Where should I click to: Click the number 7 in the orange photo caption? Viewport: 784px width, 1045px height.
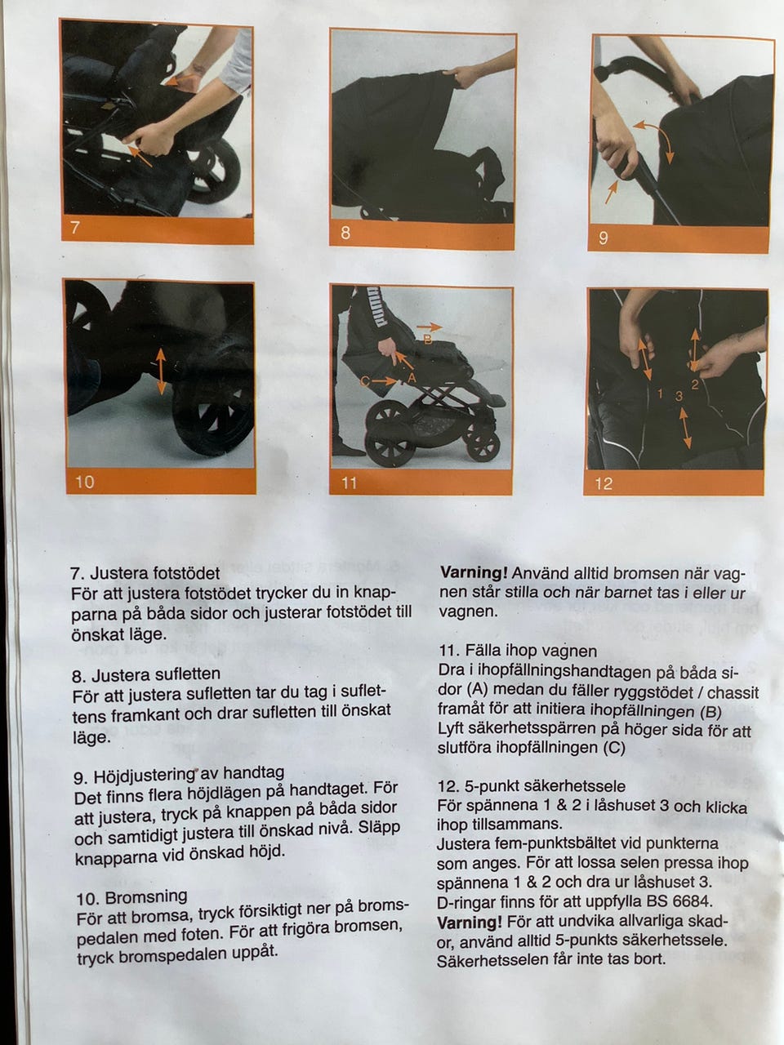point(75,228)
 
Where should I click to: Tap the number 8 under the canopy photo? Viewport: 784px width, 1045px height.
point(345,233)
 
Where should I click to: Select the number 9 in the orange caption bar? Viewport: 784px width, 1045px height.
point(604,238)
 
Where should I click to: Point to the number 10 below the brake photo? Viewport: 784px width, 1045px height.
point(85,482)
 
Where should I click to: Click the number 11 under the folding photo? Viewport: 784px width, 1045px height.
point(349,483)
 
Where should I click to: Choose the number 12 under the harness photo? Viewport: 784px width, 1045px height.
point(604,483)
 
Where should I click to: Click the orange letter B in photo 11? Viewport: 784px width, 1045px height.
point(427,340)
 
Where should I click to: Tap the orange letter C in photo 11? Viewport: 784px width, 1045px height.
point(365,381)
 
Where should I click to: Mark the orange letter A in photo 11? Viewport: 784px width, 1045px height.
point(412,378)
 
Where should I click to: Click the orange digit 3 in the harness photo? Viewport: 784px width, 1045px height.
point(679,396)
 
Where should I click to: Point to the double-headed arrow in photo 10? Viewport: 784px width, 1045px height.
point(160,371)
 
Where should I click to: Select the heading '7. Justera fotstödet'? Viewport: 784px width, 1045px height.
point(145,573)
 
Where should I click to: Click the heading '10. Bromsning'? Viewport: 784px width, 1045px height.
point(131,897)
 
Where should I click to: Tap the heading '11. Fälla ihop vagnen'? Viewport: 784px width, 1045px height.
point(518,651)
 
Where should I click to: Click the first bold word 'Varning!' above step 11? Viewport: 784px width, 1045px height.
point(474,573)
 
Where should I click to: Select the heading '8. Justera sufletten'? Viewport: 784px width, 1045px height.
point(147,674)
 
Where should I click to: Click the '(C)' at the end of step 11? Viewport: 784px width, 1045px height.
point(614,748)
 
